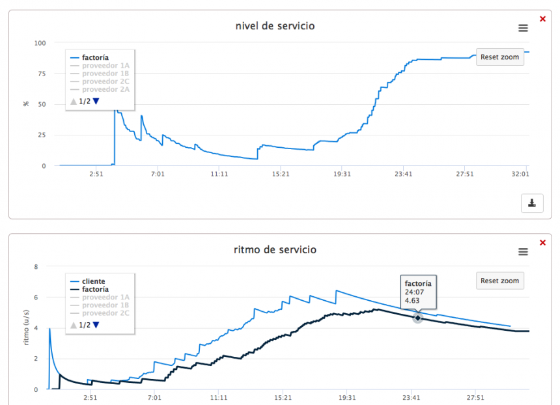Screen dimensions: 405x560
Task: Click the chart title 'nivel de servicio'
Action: click(x=275, y=26)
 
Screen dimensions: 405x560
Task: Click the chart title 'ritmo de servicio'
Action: click(x=275, y=249)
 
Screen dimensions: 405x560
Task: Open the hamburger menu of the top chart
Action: click(x=523, y=28)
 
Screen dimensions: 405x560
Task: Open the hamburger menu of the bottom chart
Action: click(x=523, y=251)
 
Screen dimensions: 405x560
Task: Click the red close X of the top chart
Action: click(x=542, y=19)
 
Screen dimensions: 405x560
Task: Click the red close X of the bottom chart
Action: click(x=542, y=242)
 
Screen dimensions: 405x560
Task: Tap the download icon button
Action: click(x=531, y=203)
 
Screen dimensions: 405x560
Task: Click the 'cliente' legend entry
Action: click(x=94, y=281)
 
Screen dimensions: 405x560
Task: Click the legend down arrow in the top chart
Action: click(x=96, y=101)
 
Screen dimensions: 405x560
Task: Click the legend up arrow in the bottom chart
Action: click(x=74, y=324)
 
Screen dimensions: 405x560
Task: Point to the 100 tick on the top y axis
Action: click(x=40, y=43)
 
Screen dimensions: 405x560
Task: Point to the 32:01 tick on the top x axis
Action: click(x=520, y=174)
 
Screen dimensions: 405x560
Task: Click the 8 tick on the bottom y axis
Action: click(x=37, y=266)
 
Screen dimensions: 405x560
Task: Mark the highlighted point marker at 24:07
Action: click(x=417, y=317)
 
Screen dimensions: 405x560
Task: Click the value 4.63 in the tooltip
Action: click(x=412, y=301)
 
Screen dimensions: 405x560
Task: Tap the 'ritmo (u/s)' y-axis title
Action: click(x=27, y=328)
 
